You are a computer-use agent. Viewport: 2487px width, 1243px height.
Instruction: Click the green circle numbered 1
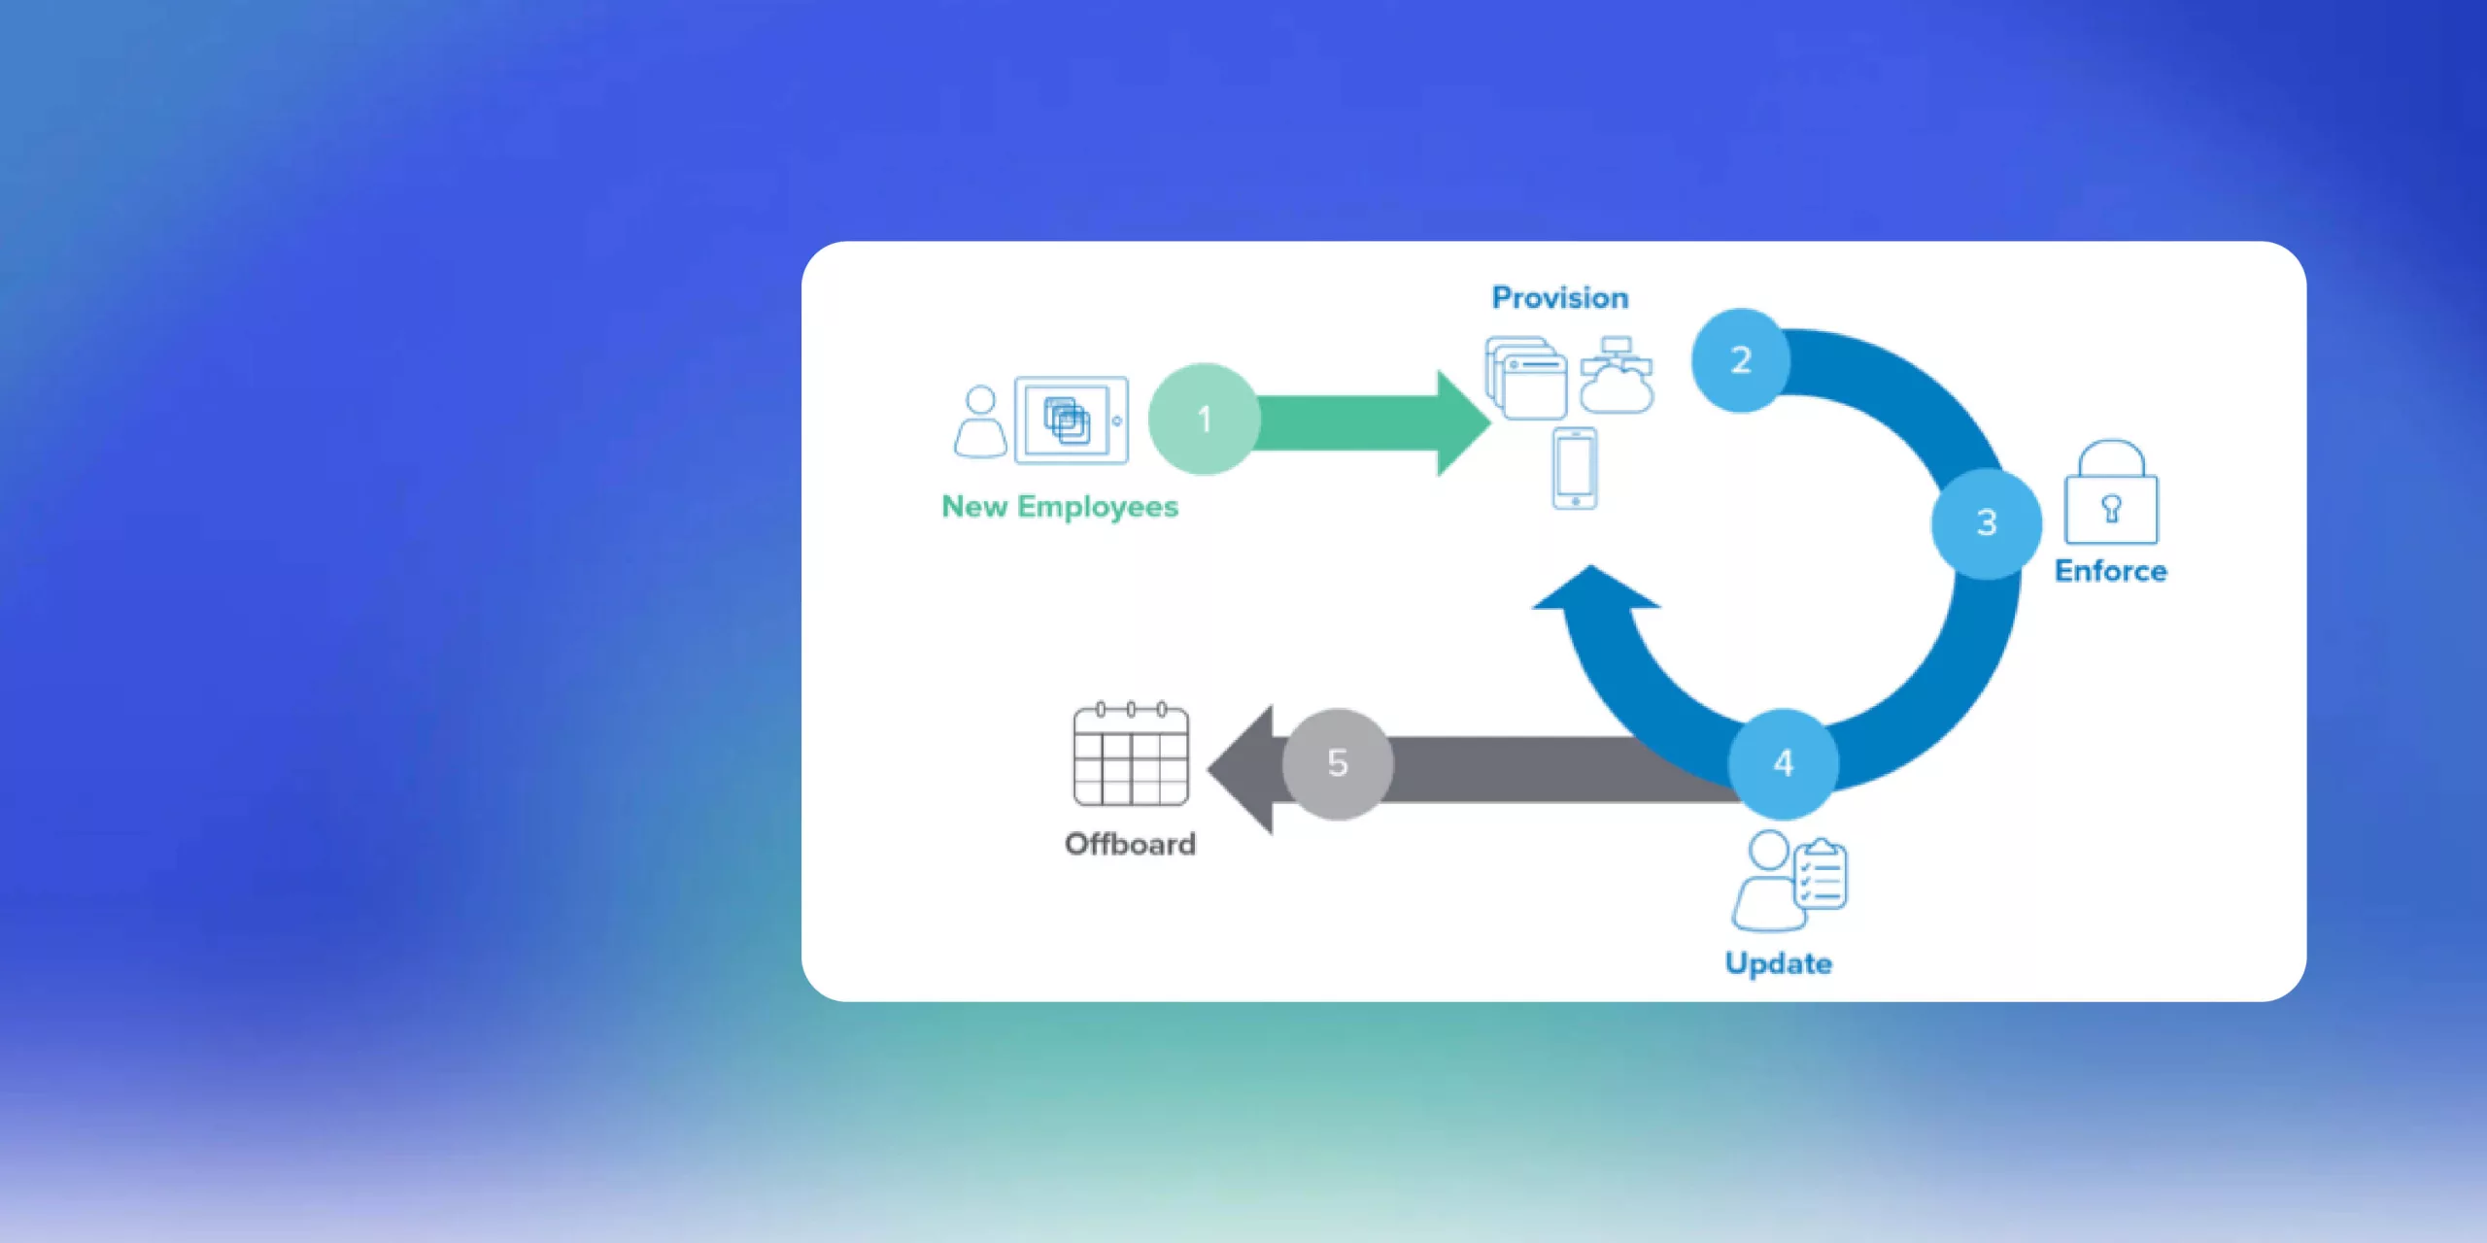pyautogui.click(x=1204, y=419)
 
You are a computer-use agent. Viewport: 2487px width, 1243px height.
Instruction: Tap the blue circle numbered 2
pyautogui.click(x=1740, y=360)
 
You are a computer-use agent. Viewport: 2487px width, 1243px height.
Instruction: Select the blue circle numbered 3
pyautogui.click(x=1986, y=523)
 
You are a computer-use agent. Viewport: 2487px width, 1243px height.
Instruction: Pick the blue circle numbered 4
pyautogui.click(x=1783, y=763)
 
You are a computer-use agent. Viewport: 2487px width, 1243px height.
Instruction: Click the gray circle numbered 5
pyautogui.click(x=1338, y=763)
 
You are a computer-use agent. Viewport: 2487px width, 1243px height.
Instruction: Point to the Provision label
pyautogui.click(x=1560, y=297)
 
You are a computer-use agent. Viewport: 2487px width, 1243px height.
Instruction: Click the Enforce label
pyautogui.click(x=2110, y=571)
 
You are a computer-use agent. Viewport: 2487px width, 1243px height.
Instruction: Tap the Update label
pyautogui.click(x=1778, y=963)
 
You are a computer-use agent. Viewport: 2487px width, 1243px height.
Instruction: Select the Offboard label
pyautogui.click(x=1130, y=844)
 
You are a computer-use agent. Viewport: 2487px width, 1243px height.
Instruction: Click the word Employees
pyautogui.click(x=1098, y=507)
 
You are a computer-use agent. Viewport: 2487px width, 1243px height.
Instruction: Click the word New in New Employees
pyautogui.click(x=974, y=507)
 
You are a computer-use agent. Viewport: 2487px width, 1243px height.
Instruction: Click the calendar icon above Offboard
pyautogui.click(x=1131, y=755)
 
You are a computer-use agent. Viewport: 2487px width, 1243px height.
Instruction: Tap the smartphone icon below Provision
pyautogui.click(x=1575, y=468)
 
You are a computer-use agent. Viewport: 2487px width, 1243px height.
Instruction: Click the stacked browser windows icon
pyautogui.click(x=1526, y=378)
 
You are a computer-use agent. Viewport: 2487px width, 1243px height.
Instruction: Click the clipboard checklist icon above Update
pyautogui.click(x=1820, y=874)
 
